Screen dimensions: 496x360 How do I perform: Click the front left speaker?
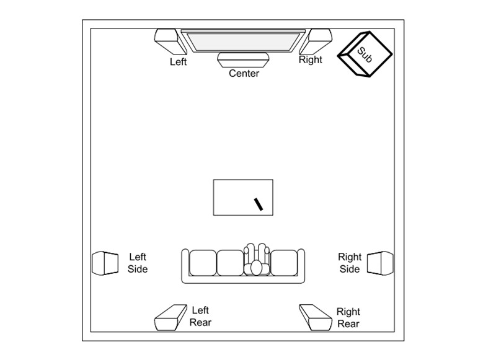[x=170, y=41]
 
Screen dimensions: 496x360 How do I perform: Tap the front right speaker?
[x=316, y=41]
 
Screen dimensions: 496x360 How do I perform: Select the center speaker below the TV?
[x=243, y=60]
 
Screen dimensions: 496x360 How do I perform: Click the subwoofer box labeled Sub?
[x=365, y=54]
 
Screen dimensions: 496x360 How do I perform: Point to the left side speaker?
[x=105, y=263]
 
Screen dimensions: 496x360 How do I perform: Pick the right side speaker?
[x=380, y=263]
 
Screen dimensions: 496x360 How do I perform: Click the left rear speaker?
[x=170, y=318]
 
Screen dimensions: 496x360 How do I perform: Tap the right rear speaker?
[x=316, y=318]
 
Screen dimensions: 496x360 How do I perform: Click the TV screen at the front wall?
[x=243, y=41]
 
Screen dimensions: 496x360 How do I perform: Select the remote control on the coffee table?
[x=259, y=204]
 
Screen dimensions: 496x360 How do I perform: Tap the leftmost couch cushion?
[x=203, y=263]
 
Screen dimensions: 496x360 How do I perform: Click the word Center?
[x=244, y=73]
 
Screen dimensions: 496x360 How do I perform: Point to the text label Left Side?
[x=138, y=263]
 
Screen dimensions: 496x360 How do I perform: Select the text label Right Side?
[x=350, y=263]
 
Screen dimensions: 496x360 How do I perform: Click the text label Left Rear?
[x=200, y=317]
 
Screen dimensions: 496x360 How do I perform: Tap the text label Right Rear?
[x=348, y=318]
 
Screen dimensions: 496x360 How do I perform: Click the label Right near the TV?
[x=311, y=59]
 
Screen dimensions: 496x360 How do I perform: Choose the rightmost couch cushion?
[x=284, y=263]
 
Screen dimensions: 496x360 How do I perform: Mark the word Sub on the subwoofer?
[x=365, y=55]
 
